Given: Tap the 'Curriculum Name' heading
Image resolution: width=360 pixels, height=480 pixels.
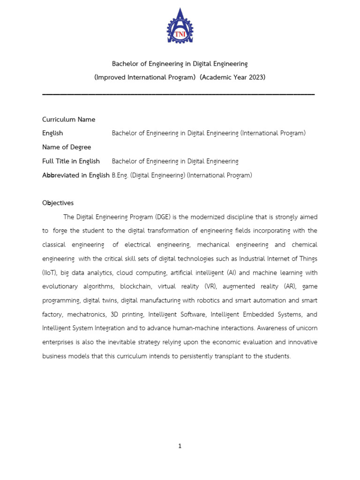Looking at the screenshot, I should pos(68,120).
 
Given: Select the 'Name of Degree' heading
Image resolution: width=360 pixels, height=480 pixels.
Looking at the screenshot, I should pos(67,147).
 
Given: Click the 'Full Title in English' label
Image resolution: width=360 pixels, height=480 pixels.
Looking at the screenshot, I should pos(71,161).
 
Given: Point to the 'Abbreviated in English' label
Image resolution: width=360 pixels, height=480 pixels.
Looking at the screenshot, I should pos(76,175).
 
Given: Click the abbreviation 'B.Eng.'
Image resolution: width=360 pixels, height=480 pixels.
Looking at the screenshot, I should pos(120,175).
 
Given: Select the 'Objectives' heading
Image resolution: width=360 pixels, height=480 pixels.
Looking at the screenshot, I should pos(58,203).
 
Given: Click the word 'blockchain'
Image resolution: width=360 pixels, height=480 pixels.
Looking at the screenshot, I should pos(135,286).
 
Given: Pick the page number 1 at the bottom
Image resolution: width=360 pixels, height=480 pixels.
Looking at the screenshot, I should pos(180,446).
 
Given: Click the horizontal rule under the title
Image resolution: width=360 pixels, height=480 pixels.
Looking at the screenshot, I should pos(178,95).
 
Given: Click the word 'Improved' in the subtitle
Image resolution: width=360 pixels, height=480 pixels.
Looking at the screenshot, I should pos(111,77).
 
